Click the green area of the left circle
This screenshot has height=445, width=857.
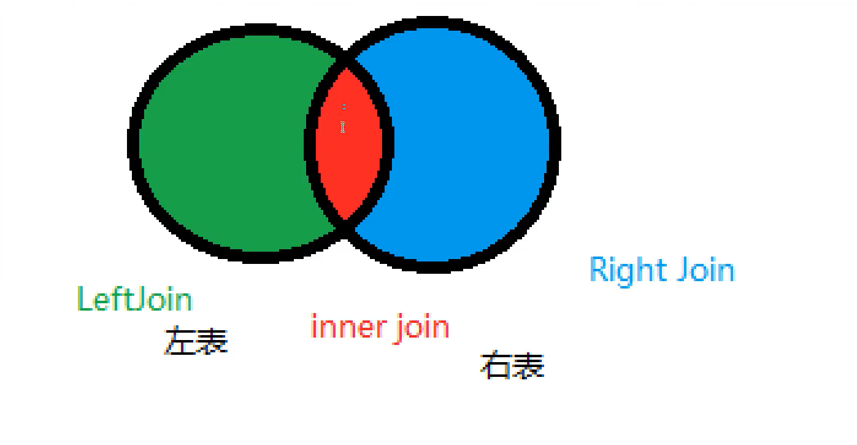[x=227, y=144]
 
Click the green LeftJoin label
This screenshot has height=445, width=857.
[x=134, y=300]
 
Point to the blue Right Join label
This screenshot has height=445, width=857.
[x=662, y=270]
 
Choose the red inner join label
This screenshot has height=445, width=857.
[x=380, y=327]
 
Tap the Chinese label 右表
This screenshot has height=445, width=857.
[x=512, y=366]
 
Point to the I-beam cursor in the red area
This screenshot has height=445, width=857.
[x=343, y=127]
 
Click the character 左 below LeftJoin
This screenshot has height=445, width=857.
[x=180, y=341]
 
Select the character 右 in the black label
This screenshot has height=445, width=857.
[x=496, y=366]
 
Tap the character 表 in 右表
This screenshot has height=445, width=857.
[x=529, y=366]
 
